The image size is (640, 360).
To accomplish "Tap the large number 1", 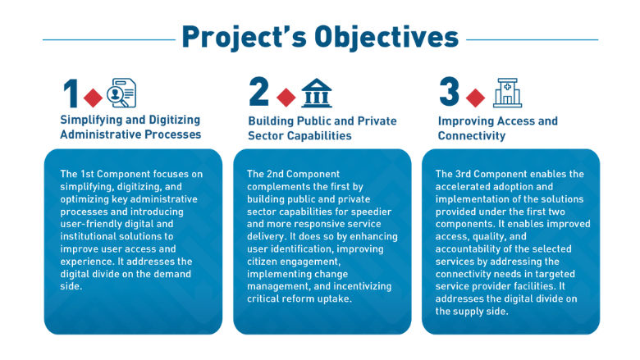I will click(71, 94).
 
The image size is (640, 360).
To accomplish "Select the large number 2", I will click(259, 93).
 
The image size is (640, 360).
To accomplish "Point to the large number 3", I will click(449, 93).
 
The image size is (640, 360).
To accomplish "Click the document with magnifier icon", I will click(122, 93).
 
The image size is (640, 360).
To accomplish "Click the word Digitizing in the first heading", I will click(171, 121).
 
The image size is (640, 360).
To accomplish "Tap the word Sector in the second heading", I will click(268, 135).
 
